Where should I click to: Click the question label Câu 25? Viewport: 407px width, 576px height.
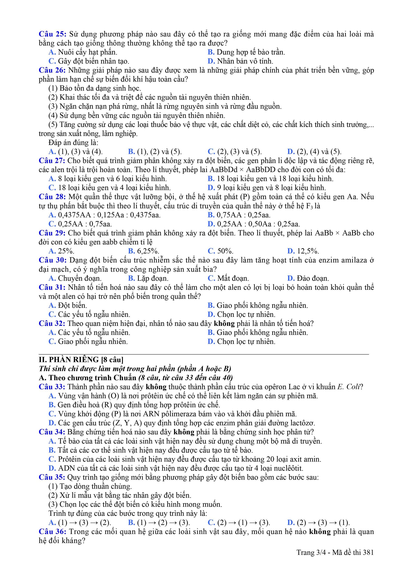click(x=52, y=34)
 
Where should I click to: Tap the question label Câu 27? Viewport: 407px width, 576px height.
click(x=52, y=161)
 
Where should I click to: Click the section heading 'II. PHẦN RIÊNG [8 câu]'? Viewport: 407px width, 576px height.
click(x=81, y=360)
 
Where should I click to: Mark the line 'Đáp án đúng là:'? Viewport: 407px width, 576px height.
click(x=73, y=142)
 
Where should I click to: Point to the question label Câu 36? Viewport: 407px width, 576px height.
click(x=52, y=532)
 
